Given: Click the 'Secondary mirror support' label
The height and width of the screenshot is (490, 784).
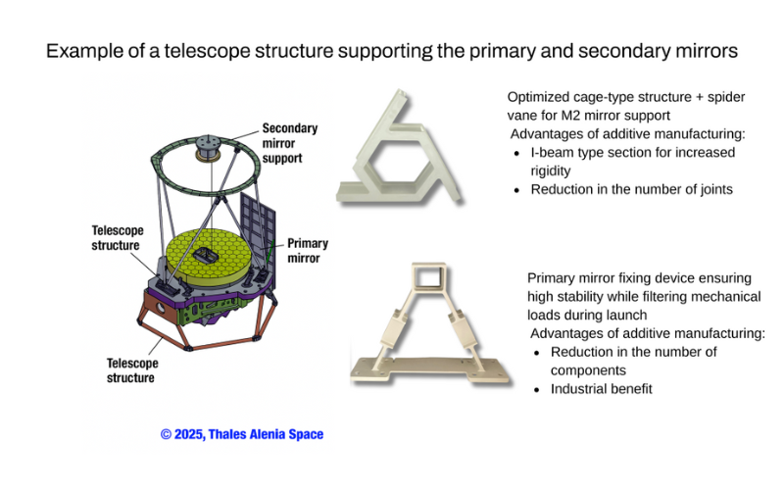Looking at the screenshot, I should point(289,142).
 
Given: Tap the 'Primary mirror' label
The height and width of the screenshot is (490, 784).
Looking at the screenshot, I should point(307,251).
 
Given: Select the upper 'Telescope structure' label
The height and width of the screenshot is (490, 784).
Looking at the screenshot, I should point(118,238).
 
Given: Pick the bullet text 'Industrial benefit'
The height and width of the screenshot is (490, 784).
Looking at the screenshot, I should point(601,389).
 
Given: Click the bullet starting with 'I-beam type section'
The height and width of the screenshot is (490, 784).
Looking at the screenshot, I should point(632,161).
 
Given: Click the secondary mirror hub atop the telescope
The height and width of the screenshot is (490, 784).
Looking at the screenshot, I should point(208,146).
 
